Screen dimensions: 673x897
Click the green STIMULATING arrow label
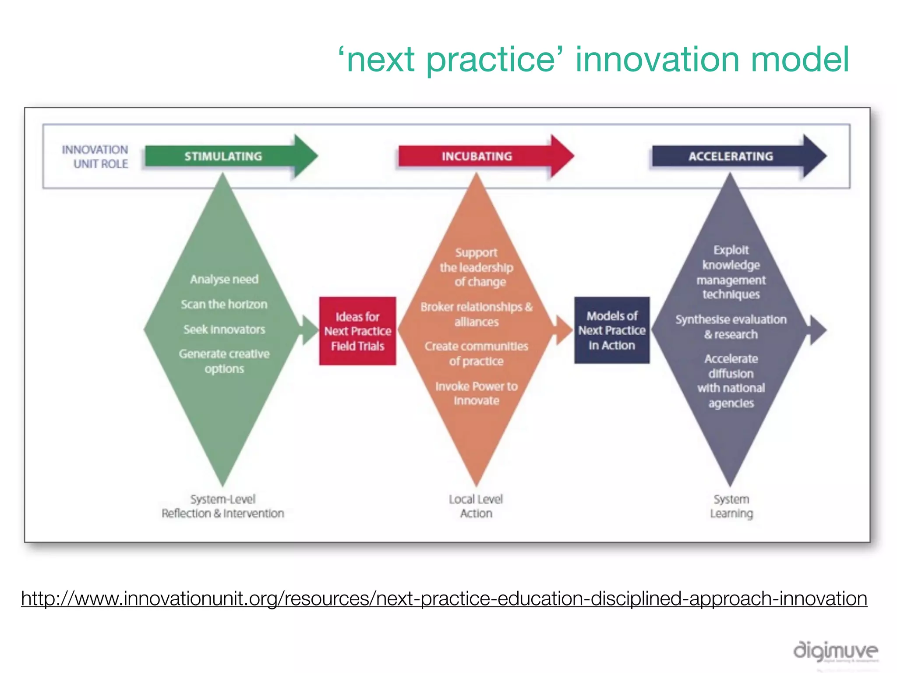coord(223,156)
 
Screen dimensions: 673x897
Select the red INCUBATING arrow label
coord(477,156)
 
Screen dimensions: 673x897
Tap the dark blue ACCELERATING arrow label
coord(731,156)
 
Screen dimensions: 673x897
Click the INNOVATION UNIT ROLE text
coord(95,157)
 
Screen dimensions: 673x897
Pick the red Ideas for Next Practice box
coord(357,331)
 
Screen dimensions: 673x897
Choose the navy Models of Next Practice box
coord(612,330)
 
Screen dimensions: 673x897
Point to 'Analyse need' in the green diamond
coord(224,279)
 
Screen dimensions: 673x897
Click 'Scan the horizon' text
coord(224,304)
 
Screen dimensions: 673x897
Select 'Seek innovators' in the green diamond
coord(224,329)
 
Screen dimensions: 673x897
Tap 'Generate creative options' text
coord(224,361)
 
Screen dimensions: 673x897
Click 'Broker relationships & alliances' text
coord(477,314)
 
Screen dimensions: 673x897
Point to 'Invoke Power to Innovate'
coord(477,393)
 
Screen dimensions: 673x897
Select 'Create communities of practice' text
coord(477,354)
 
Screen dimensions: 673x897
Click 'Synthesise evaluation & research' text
coord(731,327)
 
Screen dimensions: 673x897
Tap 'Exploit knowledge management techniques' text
coord(731,272)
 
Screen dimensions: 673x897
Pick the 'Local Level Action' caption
coord(476,506)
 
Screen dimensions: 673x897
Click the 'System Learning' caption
coord(731,506)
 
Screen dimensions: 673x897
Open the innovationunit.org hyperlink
coord(444,599)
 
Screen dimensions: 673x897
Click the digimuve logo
coord(836,651)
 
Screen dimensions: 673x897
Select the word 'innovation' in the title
coord(657,60)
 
